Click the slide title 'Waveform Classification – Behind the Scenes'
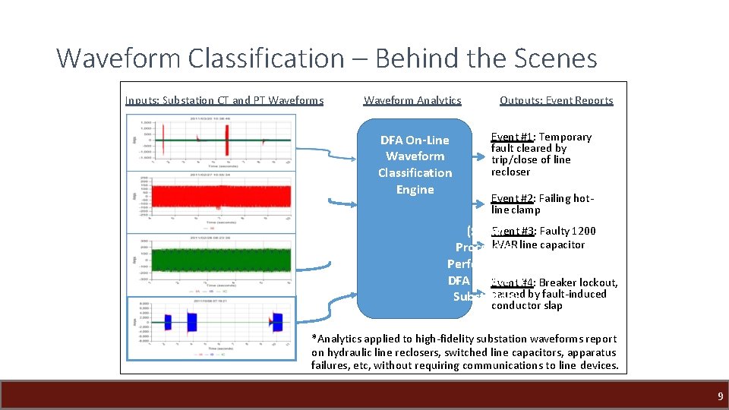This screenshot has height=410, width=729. (327, 58)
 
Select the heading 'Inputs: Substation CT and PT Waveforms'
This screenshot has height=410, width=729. (224, 100)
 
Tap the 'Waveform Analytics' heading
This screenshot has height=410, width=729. (412, 100)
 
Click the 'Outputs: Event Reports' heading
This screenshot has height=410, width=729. (556, 100)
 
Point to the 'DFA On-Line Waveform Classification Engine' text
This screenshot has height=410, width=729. (415, 165)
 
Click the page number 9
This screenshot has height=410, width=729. (720, 396)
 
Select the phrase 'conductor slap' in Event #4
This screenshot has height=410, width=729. (527, 306)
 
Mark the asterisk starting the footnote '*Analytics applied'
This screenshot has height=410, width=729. (314, 339)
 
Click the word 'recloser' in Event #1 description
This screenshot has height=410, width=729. (510, 172)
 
